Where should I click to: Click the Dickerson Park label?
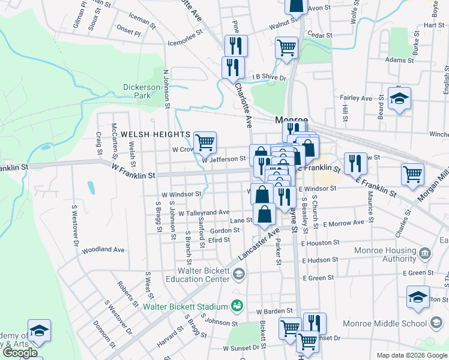tap(142, 91)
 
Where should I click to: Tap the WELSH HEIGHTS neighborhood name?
tap(155, 134)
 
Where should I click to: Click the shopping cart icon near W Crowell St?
tap(205, 142)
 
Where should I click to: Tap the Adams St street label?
tap(400, 60)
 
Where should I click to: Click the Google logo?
tap(20, 353)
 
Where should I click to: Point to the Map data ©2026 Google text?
tap(411, 355)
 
